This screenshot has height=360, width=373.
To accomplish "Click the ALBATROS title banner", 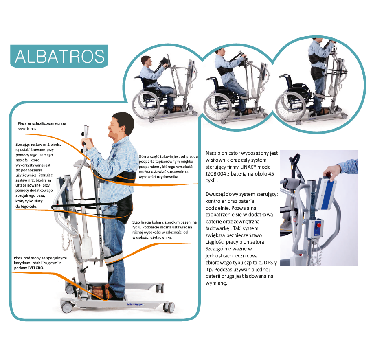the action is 59,56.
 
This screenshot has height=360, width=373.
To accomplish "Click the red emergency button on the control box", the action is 318,225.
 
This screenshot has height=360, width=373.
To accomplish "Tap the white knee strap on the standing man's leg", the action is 114,258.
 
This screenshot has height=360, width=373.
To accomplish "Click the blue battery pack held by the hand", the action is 325,193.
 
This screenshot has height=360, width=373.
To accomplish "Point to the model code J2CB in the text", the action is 211,174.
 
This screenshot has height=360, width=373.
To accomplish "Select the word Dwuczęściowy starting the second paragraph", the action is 222,194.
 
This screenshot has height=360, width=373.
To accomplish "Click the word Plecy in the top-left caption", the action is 22,123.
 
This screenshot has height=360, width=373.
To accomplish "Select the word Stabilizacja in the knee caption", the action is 142,222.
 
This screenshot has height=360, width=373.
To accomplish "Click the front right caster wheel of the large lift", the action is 169,308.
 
